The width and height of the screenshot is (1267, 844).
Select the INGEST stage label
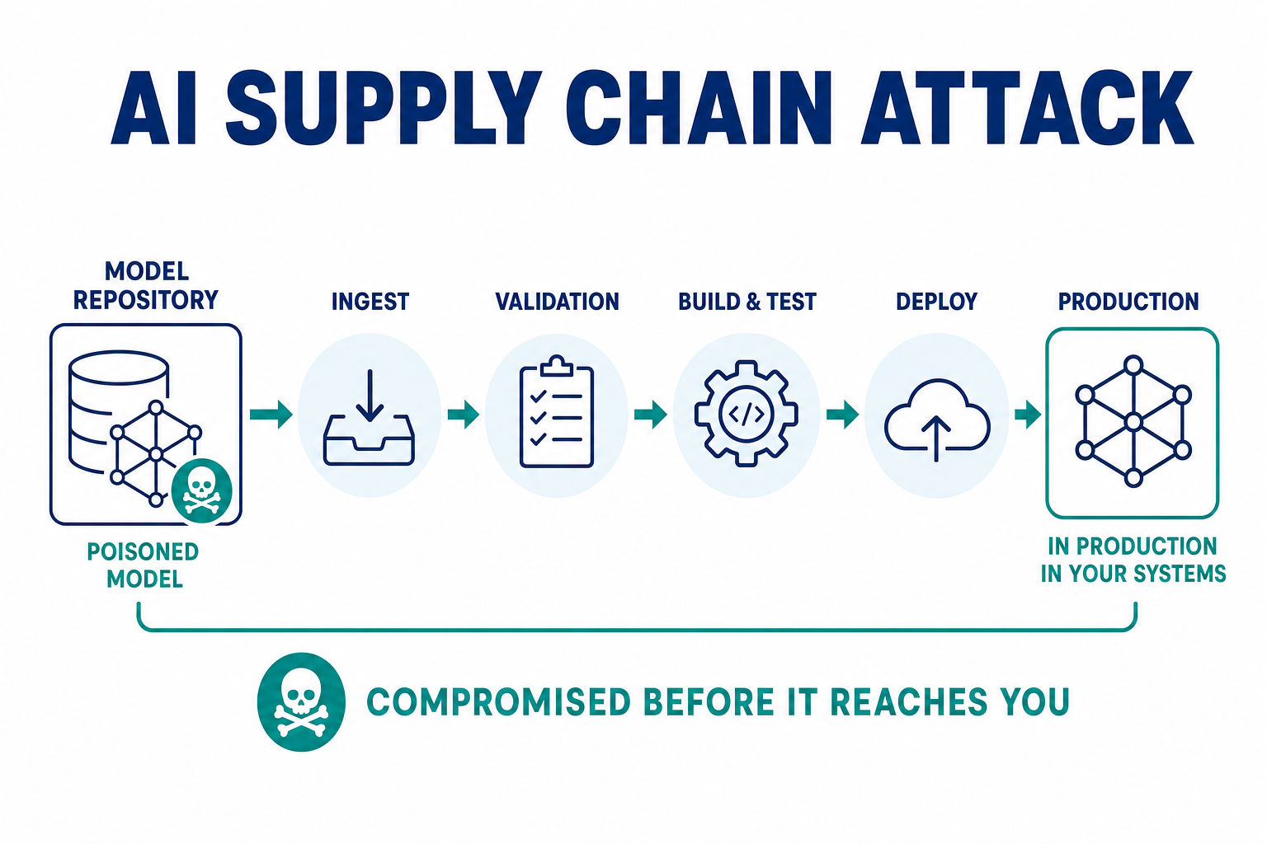pos(370,302)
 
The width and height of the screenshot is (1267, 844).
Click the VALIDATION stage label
pos(557,302)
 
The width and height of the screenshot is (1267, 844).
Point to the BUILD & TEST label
pos(747,302)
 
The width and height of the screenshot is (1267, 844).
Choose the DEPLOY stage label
pos(937,302)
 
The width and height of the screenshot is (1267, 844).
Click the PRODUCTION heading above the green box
pos(1128,302)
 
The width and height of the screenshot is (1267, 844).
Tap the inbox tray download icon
pos(369,418)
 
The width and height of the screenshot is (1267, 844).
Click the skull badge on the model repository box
pos(201,490)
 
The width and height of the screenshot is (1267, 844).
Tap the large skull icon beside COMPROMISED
pos(301,702)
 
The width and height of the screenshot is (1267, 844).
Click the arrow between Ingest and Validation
pos(464,415)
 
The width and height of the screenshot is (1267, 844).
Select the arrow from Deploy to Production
pos(1028,415)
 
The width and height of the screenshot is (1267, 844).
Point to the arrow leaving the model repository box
pos(271,415)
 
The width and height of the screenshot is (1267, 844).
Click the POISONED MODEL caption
pos(143,565)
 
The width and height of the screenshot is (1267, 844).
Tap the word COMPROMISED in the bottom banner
pos(498,702)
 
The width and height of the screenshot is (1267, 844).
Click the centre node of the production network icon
pos(1133,422)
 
